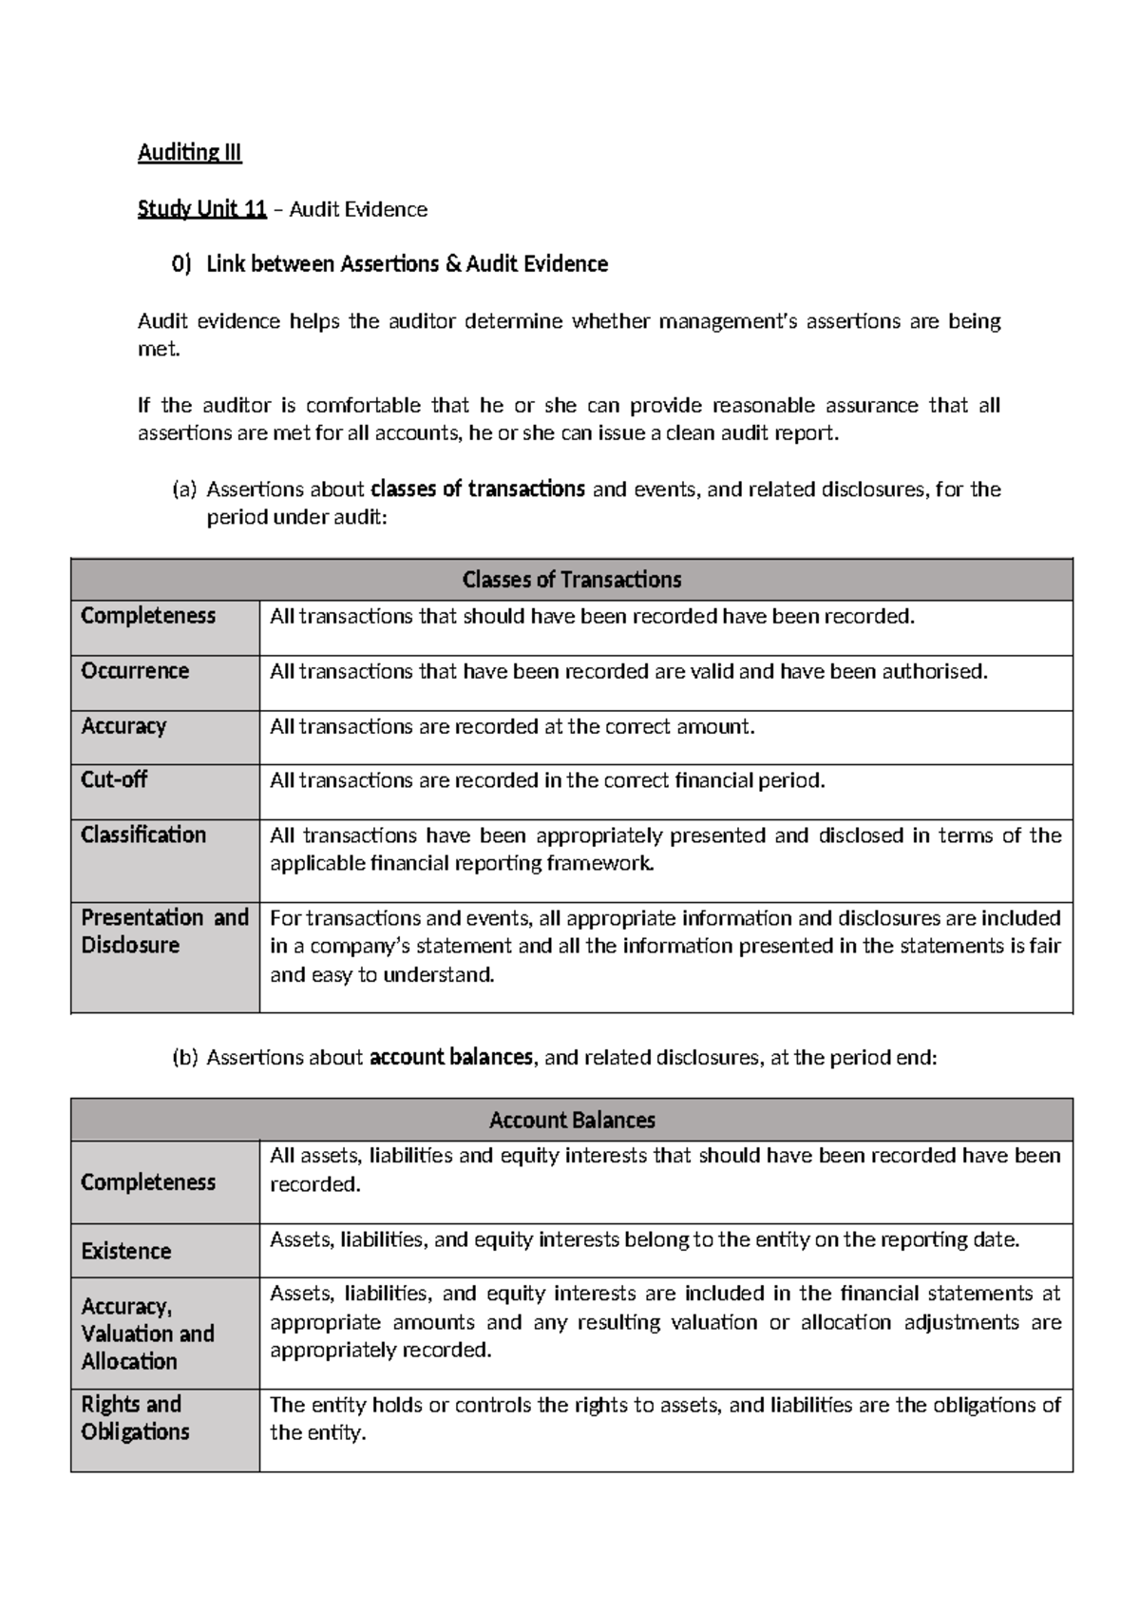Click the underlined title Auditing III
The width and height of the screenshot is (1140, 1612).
coord(190,153)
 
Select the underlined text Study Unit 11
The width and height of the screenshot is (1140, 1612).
coord(201,209)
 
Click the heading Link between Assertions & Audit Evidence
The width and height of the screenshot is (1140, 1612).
coord(407,264)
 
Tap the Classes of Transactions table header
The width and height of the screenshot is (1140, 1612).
coord(571,580)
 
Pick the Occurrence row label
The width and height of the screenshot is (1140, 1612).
coord(135,671)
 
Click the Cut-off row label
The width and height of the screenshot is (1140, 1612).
coord(114,779)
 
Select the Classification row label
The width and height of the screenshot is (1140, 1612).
coord(143,835)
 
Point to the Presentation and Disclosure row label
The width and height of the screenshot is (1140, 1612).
coord(163,931)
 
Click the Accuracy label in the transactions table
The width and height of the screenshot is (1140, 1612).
coord(123,726)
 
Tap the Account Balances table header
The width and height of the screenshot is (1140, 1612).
coord(571,1120)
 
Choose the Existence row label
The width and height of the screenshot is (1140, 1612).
coord(125,1251)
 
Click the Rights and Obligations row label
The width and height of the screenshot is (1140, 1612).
coord(135,1417)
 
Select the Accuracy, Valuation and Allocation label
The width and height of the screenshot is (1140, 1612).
coord(147,1334)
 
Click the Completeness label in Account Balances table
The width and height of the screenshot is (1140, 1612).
coord(148,1182)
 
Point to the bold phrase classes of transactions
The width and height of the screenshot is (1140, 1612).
coord(477,489)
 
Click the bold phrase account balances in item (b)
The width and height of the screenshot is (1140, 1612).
coord(451,1057)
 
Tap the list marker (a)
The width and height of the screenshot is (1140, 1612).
coord(183,490)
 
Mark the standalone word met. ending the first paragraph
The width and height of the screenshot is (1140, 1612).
coord(158,349)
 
